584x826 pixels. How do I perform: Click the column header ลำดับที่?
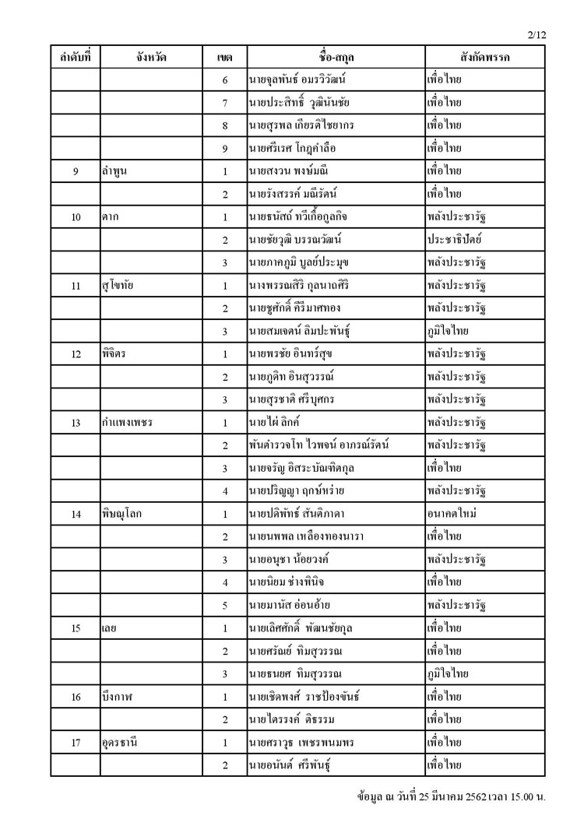pyautogui.click(x=76, y=57)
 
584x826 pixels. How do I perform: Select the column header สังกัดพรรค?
pyautogui.click(x=484, y=57)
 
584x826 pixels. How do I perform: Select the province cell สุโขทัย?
pyautogui.click(x=118, y=286)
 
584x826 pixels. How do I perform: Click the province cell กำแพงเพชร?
pyautogui.click(x=126, y=424)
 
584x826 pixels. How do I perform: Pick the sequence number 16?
pyautogui.click(x=76, y=697)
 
